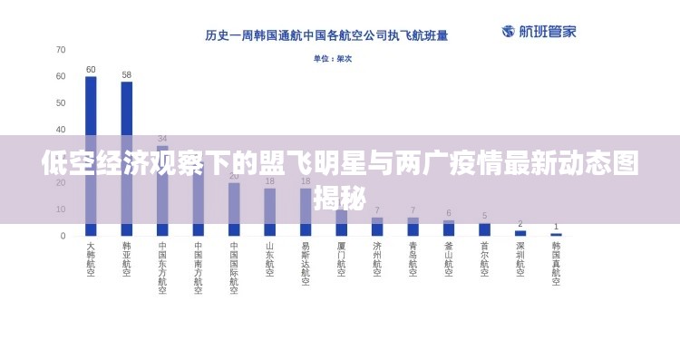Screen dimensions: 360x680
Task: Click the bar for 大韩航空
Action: (x=91, y=154)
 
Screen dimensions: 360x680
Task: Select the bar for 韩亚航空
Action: (x=127, y=159)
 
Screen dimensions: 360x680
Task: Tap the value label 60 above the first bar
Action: (x=91, y=70)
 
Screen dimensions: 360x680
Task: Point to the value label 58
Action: (x=127, y=75)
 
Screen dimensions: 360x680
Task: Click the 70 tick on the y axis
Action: (x=61, y=50)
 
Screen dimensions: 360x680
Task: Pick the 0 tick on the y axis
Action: (x=63, y=236)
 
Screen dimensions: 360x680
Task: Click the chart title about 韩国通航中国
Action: (x=326, y=36)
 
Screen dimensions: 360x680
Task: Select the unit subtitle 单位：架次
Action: (x=333, y=59)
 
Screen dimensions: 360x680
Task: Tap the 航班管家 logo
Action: (x=539, y=32)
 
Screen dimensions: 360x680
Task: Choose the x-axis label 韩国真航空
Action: (x=556, y=263)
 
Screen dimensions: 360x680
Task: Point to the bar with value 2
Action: (x=520, y=233)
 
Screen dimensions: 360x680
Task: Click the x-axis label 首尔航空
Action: (x=484, y=258)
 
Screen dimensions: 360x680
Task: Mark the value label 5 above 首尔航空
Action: (x=484, y=216)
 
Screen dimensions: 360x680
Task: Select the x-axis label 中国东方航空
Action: (x=162, y=268)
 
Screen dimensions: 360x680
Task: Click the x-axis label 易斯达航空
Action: (x=306, y=263)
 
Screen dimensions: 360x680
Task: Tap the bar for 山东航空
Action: (x=270, y=211)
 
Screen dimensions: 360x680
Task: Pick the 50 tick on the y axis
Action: (x=61, y=103)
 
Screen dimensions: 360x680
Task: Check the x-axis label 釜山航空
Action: (x=449, y=258)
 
